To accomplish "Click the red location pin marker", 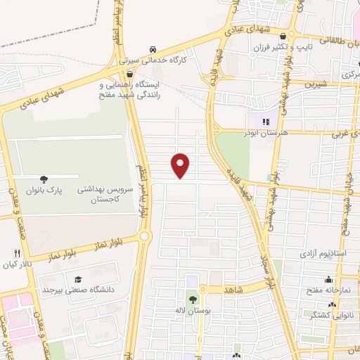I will click(x=181, y=165).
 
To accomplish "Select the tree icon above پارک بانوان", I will click(x=44, y=179).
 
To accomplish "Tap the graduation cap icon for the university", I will click(x=77, y=278).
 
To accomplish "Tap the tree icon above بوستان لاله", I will click(x=193, y=299).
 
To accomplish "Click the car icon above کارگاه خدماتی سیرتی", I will click(x=153, y=49).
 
